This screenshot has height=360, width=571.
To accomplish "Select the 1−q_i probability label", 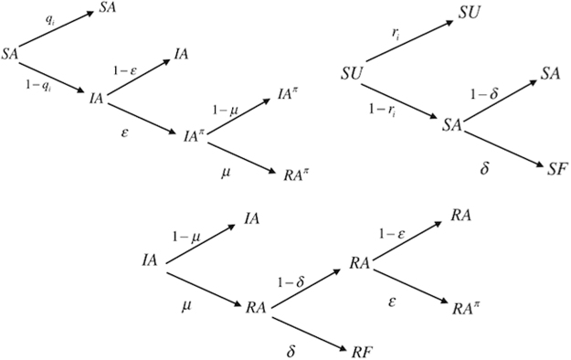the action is [x=40, y=86].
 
